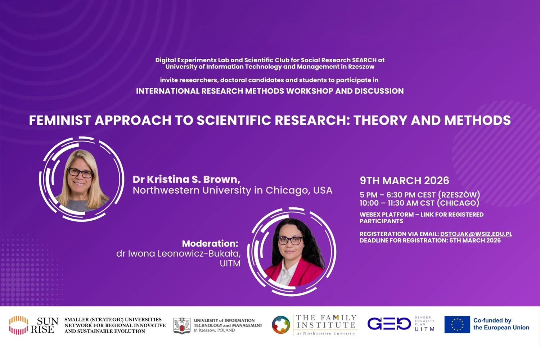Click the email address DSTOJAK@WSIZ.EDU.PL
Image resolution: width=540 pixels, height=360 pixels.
(x=476, y=234)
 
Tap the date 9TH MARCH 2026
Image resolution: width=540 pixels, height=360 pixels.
(x=404, y=180)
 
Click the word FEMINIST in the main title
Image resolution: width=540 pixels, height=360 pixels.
(x=60, y=120)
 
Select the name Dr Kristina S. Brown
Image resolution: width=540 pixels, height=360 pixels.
(x=186, y=179)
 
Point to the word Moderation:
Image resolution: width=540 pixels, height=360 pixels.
(x=210, y=243)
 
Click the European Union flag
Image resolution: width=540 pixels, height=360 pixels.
(x=457, y=324)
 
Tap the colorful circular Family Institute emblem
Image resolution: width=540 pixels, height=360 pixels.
(x=281, y=325)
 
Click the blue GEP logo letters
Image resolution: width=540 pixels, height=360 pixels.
(x=389, y=324)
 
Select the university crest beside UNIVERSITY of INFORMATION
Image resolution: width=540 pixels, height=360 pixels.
(x=182, y=325)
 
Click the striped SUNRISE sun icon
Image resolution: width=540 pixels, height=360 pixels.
(x=19, y=325)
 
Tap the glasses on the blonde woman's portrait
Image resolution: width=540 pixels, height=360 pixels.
(x=81, y=173)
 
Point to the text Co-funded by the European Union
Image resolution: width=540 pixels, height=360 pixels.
(x=501, y=324)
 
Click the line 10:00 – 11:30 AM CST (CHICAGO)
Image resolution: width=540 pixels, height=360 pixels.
(x=419, y=203)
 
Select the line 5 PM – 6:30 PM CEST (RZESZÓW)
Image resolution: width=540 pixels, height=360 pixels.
(x=420, y=195)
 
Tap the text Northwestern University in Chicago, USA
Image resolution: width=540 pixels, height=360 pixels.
(x=232, y=190)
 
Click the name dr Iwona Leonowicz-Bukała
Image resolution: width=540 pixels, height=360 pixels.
(x=178, y=253)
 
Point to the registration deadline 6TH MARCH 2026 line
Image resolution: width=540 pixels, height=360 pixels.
(x=430, y=240)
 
